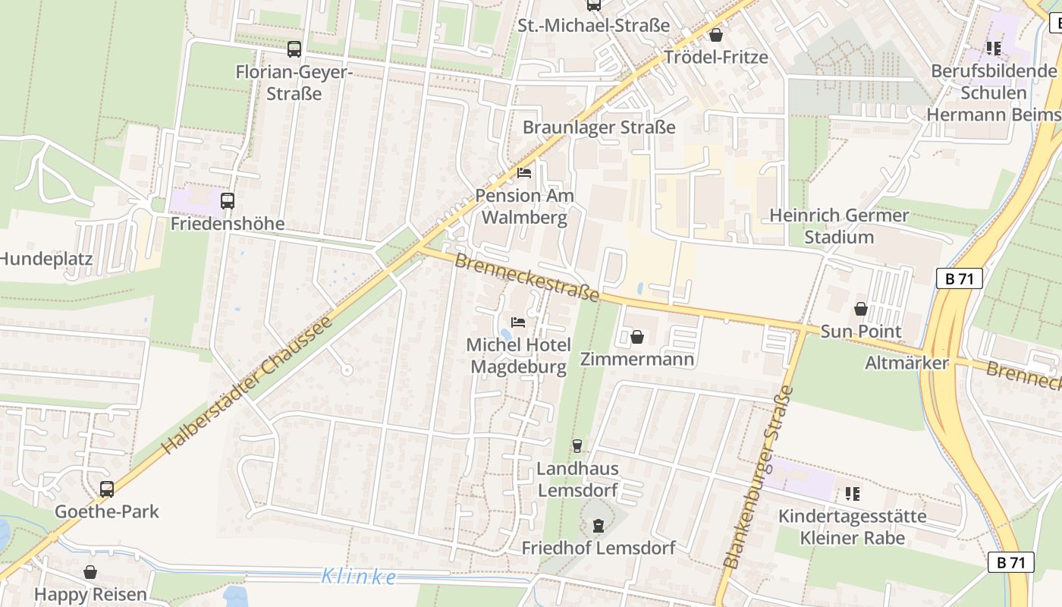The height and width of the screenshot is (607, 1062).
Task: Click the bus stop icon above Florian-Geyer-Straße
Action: (294, 49)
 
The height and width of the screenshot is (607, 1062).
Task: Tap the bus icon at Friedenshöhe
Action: (228, 201)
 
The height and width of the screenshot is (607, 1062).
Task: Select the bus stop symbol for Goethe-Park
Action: (107, 489)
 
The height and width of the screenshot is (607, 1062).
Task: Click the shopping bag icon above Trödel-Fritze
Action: (715, 35)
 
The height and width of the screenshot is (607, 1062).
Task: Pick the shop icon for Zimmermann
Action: (637, 337)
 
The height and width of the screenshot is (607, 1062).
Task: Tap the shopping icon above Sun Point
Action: (861, 309)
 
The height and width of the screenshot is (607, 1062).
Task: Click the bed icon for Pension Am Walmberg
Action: (524, 173)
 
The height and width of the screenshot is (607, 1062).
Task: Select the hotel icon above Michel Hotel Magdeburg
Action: (518, 322)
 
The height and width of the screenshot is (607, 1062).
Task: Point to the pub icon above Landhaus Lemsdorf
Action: (577, 446)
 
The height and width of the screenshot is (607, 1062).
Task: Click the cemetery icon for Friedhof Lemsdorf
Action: (599, 525)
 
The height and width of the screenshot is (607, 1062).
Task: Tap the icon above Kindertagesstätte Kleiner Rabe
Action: (853, 494)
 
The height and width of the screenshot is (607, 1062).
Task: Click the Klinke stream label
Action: (359, 577)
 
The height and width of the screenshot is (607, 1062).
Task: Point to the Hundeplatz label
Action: (46, 259)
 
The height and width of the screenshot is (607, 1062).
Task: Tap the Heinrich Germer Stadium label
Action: (839, 226)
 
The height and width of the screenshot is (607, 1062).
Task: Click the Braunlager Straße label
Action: (599, 127)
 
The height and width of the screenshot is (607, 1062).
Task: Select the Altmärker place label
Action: (906, 363)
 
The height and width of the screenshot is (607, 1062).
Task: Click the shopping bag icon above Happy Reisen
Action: (90, 572)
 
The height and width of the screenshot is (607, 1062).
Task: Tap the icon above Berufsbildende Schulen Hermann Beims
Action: (993, 49)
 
